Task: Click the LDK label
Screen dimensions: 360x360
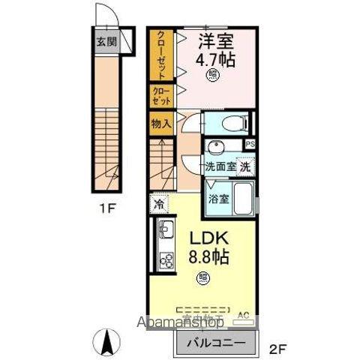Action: pyautogui.click(x=203, y=238)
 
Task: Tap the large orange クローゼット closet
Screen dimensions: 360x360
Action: pyautogui.click(x=161, y=54)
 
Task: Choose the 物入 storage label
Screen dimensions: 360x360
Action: pyautogui.click(x=161, y=122)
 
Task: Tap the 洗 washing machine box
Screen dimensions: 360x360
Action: pyautogui.click(x=246, y=166)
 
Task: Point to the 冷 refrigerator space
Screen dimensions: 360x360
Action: pyautogui.click(x=159, y=203)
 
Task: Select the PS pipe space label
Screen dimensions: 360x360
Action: pyautogui.click(x=250, y=144)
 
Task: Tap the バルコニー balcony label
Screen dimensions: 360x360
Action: pyautogui.click(x=211, y=343)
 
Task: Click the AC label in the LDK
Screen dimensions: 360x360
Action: pyautogui.click(x=242, y=315)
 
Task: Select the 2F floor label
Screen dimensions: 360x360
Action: pyautogui.click(x=277, y=348)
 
